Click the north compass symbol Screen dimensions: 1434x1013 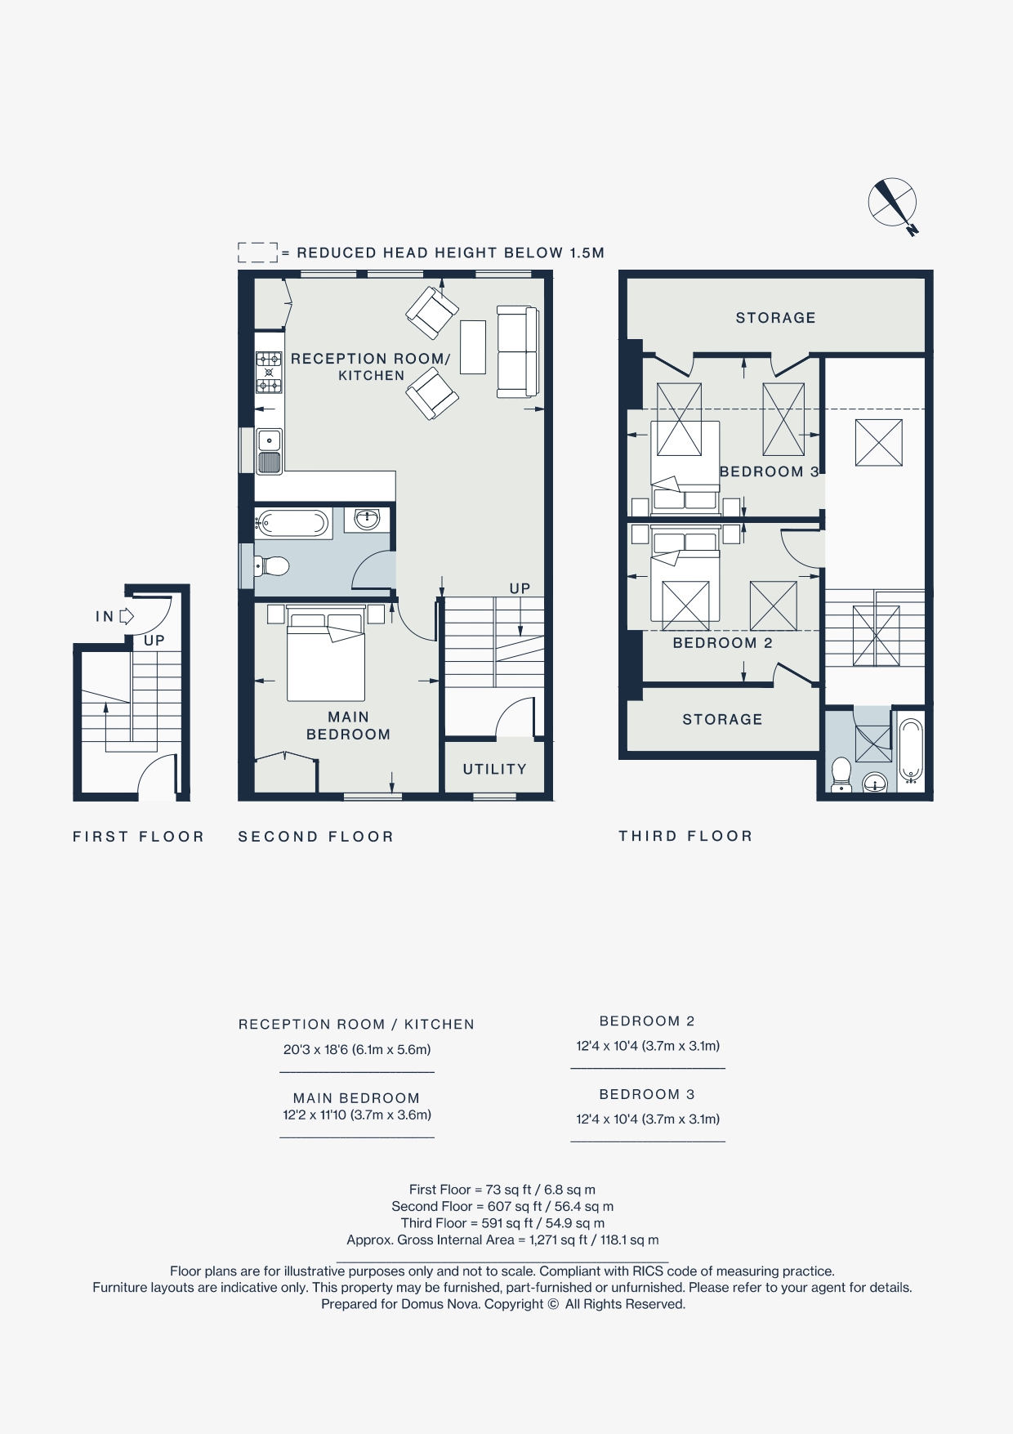click(892, 203)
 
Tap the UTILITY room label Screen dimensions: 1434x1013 click(494, 770)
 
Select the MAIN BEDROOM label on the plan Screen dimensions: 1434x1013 click(348, 726)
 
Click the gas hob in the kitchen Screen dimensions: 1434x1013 click(269, 372)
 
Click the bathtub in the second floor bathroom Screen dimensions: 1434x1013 click(292, 523)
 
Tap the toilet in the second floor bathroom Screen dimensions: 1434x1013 click(273, 565)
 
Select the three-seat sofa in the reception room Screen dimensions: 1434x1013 click(517, 351)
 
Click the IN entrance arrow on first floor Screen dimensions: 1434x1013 click(127, 616)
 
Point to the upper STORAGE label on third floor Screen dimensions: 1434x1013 click(775, 318)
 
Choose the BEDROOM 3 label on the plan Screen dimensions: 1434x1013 click(769, 471)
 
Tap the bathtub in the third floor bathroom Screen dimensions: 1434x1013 click(911, 750)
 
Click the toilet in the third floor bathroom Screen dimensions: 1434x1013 click(841, 773)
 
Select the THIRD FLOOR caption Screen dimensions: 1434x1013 click(685, 836)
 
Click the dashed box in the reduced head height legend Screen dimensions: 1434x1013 click(257, 252)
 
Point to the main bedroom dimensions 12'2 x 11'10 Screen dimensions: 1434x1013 click(357, 1115)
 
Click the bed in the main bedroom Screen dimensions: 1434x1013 click(325, 658)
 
